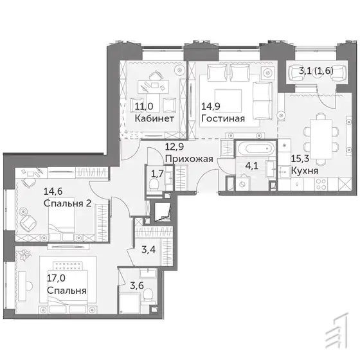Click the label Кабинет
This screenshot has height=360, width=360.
154,118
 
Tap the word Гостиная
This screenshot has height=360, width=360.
223,118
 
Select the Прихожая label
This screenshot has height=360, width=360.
189,159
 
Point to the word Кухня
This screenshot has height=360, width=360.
305,171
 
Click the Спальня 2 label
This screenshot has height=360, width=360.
67,203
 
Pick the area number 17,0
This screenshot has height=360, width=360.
57,278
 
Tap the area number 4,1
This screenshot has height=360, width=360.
252,166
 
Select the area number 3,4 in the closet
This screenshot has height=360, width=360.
148,249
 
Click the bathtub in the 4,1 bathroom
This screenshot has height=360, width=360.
256,148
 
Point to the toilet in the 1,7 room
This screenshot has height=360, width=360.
154,184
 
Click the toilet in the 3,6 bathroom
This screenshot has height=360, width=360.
148,294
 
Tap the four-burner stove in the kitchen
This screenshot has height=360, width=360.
321,184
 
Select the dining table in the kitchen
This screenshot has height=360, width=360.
321,139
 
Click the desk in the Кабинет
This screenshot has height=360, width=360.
153,87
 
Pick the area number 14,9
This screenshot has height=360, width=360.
211,106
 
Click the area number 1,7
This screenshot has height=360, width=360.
157,174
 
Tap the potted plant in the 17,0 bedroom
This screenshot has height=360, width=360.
25,255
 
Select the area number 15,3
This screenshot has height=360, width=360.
300,158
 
